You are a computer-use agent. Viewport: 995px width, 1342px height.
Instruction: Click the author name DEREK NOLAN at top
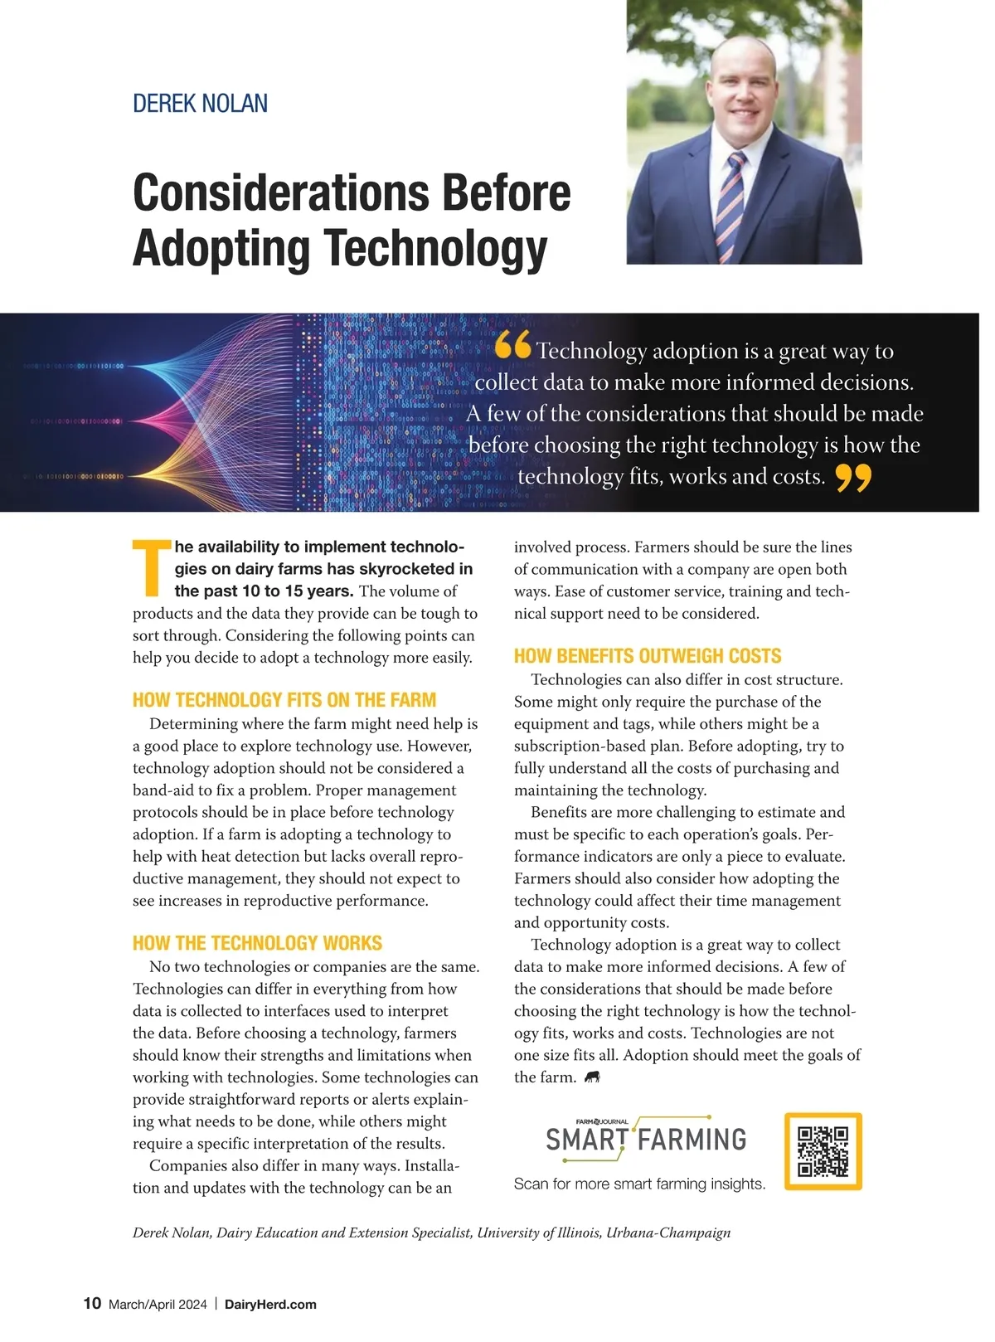click(200, 104)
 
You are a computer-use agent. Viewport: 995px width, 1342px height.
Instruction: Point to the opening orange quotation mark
click(513, 346)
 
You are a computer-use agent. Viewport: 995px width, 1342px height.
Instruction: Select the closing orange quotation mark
click(853, 478)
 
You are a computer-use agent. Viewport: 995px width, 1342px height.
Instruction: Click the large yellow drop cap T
click(151, 568)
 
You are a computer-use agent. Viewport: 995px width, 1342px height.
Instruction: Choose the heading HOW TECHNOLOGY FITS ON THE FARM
click(284, 699)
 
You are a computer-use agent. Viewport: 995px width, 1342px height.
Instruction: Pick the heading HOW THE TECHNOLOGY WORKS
click(257, 943)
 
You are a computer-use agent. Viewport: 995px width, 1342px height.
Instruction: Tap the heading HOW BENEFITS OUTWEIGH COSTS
click(647, 656)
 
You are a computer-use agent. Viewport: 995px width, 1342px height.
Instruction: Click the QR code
click(823, 1151)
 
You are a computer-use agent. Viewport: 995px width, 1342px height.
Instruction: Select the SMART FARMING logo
click(645, 1137)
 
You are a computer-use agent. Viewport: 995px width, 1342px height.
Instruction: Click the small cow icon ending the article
click(592, 1077)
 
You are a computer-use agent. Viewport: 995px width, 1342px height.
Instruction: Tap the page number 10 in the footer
click(92, 1303)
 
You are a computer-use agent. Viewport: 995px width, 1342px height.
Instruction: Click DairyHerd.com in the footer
click(270, 1304)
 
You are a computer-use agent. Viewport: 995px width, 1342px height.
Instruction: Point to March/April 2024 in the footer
click(158, 1304)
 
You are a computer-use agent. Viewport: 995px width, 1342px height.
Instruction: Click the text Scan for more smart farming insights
click(639, 1184)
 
